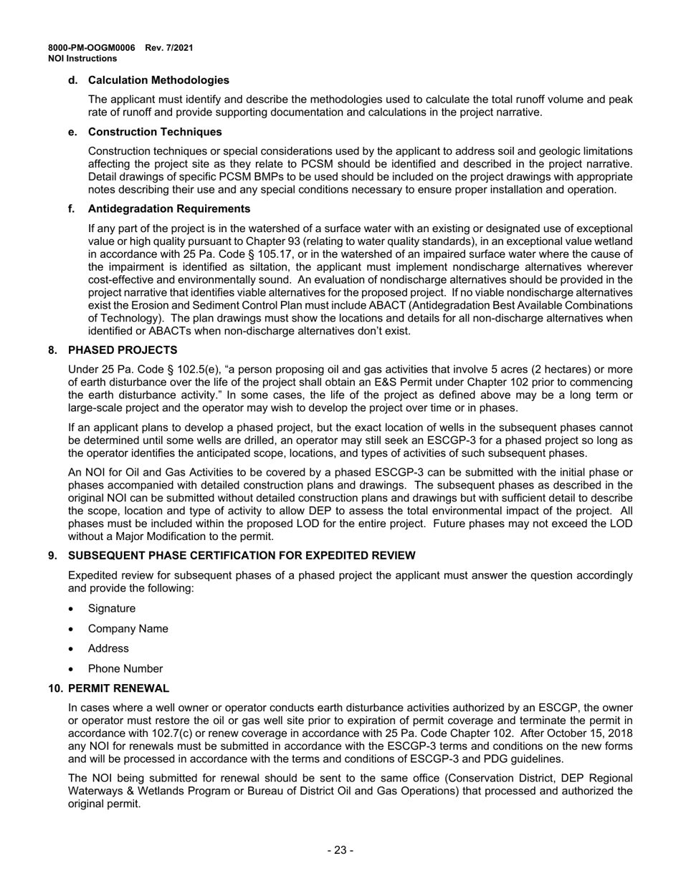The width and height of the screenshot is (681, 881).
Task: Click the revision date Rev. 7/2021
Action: coord(169,48)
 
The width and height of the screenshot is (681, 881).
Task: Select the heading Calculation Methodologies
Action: coord(158,80)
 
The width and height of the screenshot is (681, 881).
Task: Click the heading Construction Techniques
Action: coord(155,132)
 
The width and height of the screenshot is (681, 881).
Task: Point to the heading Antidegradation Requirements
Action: coord(169,208)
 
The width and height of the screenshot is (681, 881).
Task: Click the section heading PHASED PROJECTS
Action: coord(123,350)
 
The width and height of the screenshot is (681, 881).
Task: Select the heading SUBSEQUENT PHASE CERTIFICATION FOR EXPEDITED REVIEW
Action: coord(242,555)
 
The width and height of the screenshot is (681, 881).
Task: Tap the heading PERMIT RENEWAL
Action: coord(118,688)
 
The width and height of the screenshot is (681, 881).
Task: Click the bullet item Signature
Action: coord(111,608)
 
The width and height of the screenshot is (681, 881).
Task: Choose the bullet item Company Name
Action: coord(128,628)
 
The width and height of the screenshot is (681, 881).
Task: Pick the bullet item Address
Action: coord(108,648)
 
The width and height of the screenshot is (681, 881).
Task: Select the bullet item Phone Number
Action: coord(125,668)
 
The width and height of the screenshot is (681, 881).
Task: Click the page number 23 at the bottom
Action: coord(340,850)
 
